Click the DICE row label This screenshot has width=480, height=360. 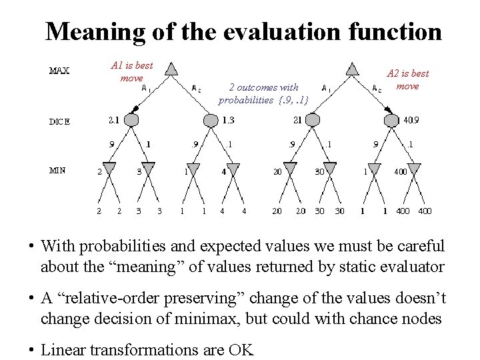pos(59,122)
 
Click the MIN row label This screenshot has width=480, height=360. pos(57,170)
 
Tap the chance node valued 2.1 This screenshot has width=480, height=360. pos(131,120)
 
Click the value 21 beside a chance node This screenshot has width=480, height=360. pos(297,120)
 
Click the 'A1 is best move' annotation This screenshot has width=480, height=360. pos(131,71)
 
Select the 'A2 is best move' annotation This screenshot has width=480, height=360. pos(408,79)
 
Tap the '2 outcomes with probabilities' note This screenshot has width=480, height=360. pos(263,93)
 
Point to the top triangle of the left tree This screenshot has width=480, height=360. pos(171,69)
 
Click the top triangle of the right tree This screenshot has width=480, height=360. pos(352,69)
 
